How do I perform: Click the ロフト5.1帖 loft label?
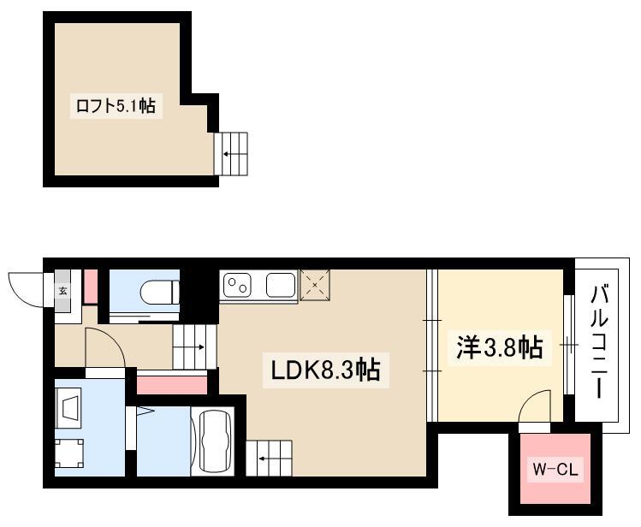tap(116, 106)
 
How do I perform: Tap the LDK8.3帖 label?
tap(325, 370)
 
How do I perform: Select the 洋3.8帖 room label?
tap(500, 347)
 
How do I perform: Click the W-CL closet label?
tap(555, 470)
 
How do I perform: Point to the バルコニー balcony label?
tap(598, 342)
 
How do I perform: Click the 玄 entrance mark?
tap(63, 291)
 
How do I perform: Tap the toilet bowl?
tap(160, 292)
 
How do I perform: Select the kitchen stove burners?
tap(238, 286)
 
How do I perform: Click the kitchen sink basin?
tap(281, 285)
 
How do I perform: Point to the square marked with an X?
tap(315, 285)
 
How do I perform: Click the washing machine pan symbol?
tap(69, 453)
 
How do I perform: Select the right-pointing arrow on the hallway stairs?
tap(195, 347)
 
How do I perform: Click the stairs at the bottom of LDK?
tap(269, 459)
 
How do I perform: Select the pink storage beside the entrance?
tap(91, 287)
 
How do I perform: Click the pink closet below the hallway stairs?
tap(172, 385)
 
